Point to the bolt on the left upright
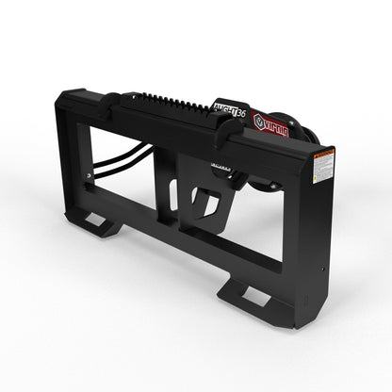click(x=89, y=174)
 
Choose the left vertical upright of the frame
click(x=74, y=160)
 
